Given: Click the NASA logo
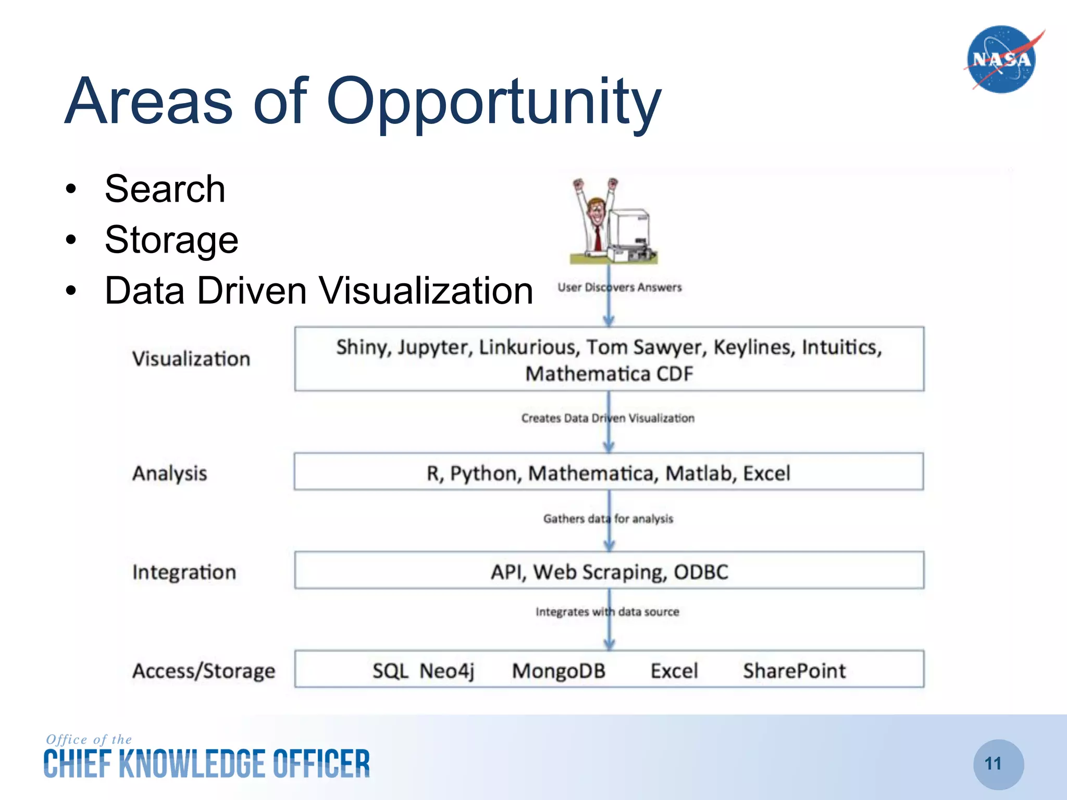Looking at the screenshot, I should (1001, 59).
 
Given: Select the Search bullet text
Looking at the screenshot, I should (165, 189).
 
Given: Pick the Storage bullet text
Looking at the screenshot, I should (171, 240).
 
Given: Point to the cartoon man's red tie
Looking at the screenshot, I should (598, 237).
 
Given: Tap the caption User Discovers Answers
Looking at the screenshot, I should (619, 287).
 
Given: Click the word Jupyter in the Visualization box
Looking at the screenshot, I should (435, 347).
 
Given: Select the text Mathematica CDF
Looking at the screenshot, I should (609, 374).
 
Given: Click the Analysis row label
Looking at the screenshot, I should (169, 473).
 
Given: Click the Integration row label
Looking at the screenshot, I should (184, 572).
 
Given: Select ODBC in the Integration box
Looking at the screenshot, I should (701, 572).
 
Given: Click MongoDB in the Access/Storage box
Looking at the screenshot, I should (559, 671).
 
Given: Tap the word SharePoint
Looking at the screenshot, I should (794, 671).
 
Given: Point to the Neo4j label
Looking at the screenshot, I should (447, 671).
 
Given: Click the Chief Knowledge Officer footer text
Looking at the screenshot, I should (206, 764).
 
